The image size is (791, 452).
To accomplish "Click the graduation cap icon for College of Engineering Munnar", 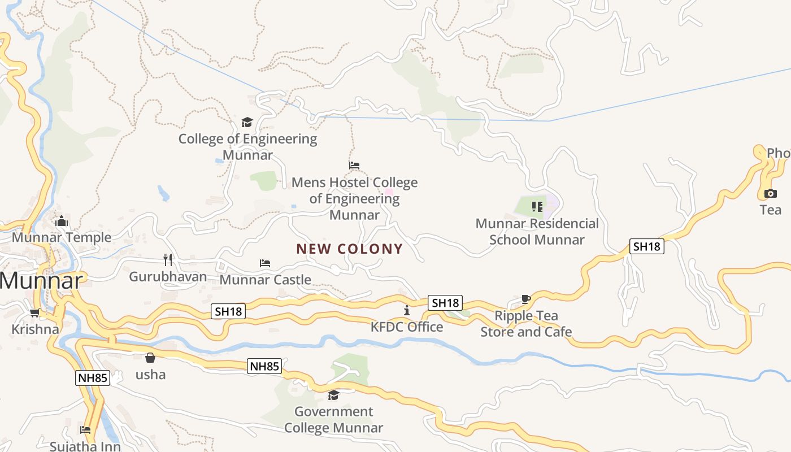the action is point(247,122).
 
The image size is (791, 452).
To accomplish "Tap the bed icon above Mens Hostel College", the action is point(354,166).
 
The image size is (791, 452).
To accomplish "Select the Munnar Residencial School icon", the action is point(537,207).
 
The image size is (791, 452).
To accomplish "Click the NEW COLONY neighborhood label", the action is point(349,249).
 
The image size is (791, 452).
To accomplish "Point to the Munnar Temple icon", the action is point(62,221).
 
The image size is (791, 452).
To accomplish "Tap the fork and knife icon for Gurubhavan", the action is point(167,260).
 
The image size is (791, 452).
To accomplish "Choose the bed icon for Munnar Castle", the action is point(265,263).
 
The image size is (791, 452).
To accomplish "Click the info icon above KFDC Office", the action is point(406,310).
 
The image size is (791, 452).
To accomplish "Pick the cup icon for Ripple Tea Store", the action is point(526,299).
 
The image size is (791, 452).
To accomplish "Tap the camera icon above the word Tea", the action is point(770,194).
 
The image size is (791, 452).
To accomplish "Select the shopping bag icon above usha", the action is point(150,358).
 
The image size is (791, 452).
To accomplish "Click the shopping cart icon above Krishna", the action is point(34,312).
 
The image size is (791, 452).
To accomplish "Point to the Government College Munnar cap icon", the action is point(333,395).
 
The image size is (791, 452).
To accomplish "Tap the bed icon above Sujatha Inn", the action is point(85,430).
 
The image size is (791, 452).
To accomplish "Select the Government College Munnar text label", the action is point(333,420).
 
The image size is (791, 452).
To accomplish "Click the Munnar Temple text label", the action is point(62,237).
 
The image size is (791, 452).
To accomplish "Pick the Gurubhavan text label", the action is point(168,277).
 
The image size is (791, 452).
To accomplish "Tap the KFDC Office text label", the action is point(407,327).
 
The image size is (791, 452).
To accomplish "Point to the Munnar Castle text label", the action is point(265,280).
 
